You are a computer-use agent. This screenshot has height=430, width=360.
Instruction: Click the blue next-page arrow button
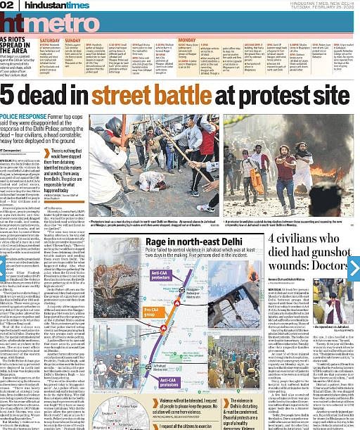354,268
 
